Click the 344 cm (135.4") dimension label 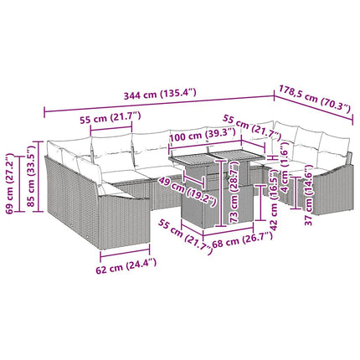[160, 94]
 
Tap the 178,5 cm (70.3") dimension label [314, 99]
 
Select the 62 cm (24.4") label [126, 265]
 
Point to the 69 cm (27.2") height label [10, 183]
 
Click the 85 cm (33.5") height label [32, 175]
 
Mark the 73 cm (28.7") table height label [234, 192]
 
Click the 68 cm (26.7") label [243, 240]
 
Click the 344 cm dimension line [159, 104]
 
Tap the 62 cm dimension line [125, 251]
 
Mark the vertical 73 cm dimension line [221, 193]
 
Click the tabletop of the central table [217, 157]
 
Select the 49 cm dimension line [194, 179]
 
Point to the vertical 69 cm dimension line [19, 183]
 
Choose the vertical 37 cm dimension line [296, 193]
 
